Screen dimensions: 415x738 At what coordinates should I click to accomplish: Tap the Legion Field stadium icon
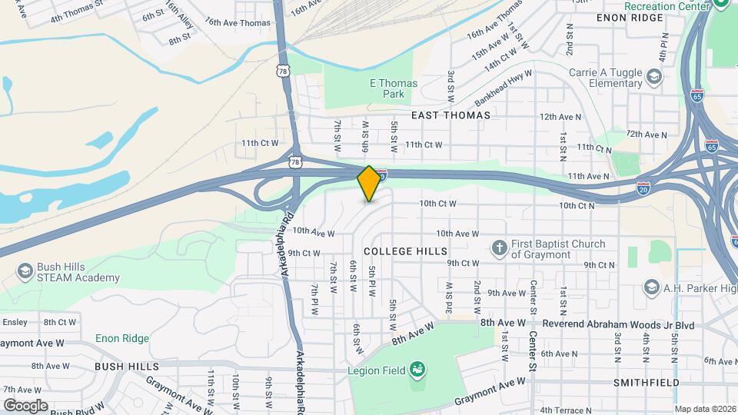[x=417, y=370]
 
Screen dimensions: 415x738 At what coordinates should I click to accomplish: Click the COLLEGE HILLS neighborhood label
[x=405, y=251]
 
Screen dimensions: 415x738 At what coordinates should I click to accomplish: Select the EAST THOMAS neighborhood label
[x=450, y=115]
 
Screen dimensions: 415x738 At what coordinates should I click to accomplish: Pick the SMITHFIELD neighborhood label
[x=646, y=382]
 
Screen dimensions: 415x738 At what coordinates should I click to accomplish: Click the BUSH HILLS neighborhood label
[x=127, y=367]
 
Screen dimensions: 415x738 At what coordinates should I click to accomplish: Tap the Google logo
[x=25, y=405]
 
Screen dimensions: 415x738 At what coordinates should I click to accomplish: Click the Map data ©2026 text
[x=705, y=409]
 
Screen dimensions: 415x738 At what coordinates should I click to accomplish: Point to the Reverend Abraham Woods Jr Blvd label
[x=618, y=325]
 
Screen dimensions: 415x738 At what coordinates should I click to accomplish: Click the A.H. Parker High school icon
[x=653, y=287]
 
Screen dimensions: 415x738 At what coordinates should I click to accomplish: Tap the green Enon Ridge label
[x=122, y=338]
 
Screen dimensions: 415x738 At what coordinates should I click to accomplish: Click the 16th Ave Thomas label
[x=238, y=23]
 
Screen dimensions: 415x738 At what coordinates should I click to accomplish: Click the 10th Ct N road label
[x=577, y=206]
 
